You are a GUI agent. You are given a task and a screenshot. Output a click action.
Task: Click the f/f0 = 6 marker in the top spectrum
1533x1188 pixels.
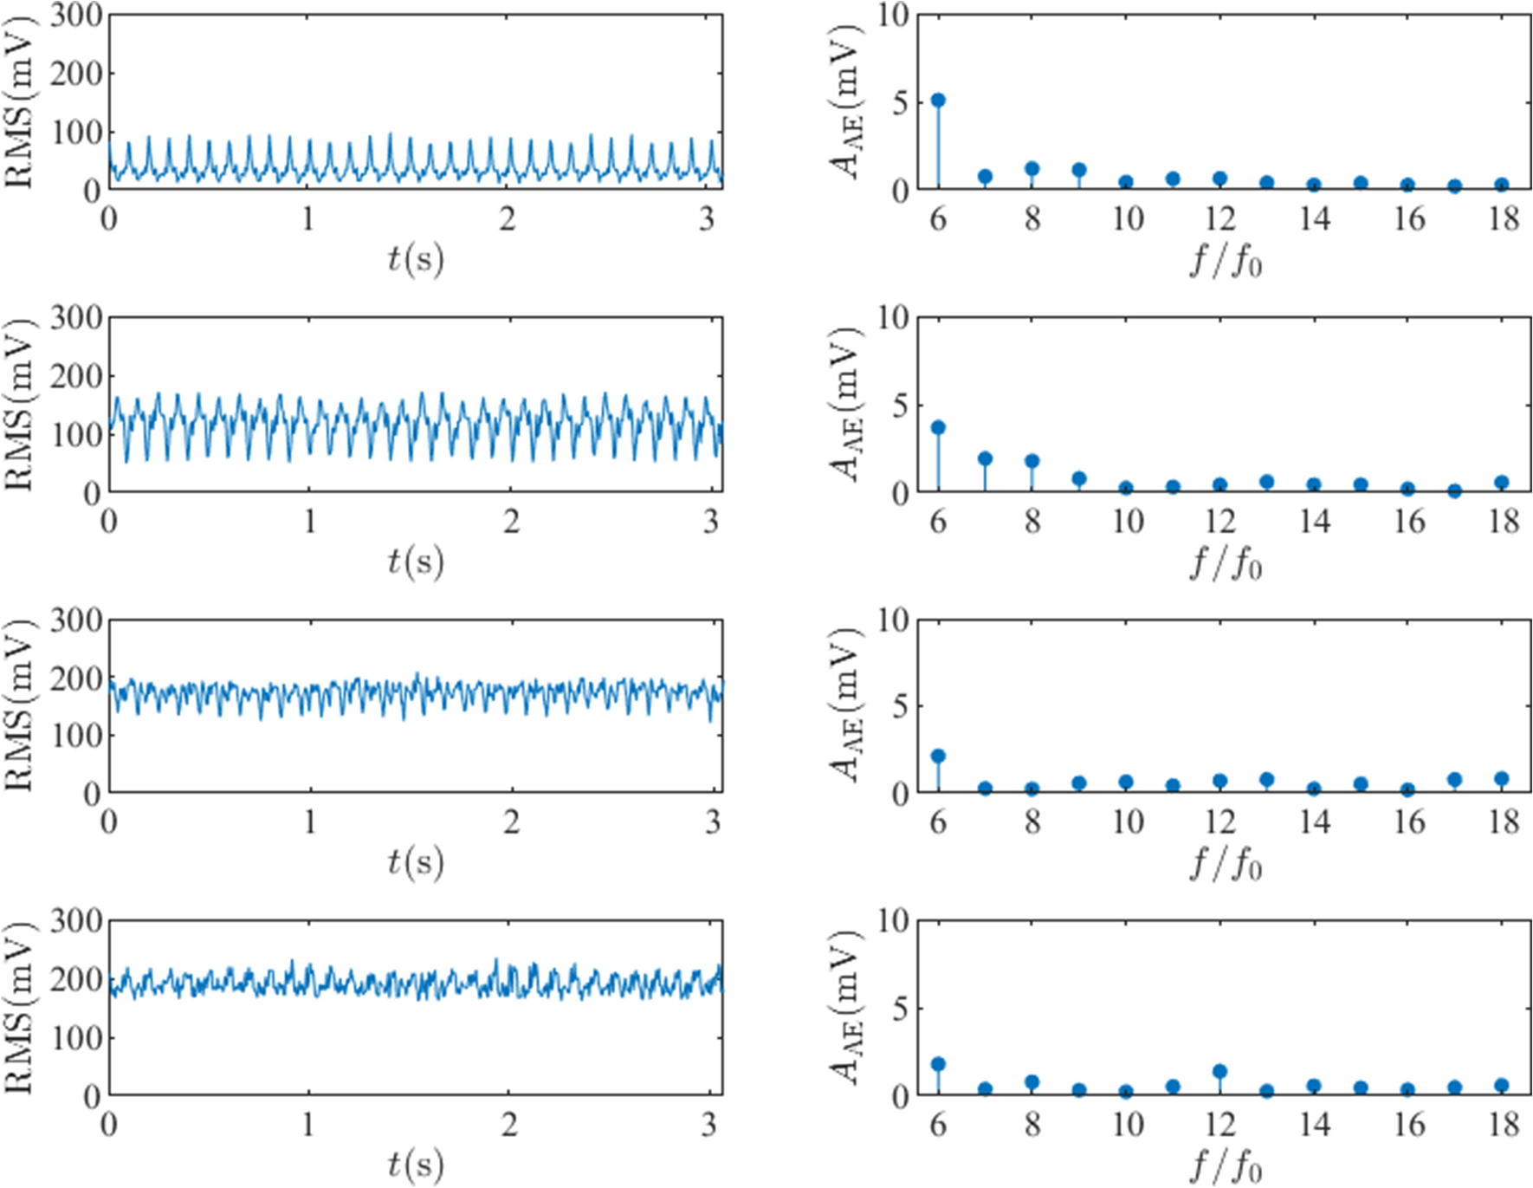(938, 101)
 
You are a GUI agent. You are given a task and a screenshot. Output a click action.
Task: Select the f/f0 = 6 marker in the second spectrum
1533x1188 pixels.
(938, 428)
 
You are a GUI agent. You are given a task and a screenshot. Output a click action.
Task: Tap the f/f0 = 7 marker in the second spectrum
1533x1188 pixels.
(985, 459)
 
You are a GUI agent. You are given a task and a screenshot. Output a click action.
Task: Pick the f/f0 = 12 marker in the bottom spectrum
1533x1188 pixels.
(1219, 1072)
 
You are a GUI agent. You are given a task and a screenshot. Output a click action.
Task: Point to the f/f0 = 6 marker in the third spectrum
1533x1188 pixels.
(938, 756)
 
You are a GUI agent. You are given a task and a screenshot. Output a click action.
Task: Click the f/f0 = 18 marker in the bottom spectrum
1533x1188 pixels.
(1502, 1086)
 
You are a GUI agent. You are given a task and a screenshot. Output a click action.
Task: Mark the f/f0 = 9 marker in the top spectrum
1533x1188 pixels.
(1079, 170)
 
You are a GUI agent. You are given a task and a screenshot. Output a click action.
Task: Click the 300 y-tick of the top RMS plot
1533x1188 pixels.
(76, 16)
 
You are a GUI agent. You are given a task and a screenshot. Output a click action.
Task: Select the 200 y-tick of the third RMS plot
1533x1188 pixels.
(76, 678)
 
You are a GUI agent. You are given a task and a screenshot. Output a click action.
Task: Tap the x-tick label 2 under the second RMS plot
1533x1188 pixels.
(511, 522)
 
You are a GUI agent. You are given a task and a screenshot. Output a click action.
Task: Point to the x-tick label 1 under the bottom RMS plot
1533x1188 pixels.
(309, 1125)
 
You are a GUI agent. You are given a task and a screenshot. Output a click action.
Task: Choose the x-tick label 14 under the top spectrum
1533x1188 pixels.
(1314, 219)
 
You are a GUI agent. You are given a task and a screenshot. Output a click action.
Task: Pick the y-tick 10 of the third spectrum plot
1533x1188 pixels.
(893, 620)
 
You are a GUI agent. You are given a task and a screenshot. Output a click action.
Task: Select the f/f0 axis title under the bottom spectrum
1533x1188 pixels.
(1226, 1166)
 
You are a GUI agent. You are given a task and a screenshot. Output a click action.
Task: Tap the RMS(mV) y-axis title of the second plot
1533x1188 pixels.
(19, 406)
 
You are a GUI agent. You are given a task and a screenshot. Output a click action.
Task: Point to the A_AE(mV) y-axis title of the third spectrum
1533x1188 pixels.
(846, 705)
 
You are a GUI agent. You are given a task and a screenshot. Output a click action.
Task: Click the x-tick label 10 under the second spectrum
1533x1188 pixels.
(1126, 522)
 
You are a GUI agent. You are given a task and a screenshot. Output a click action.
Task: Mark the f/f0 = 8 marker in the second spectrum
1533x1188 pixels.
(1032, 462)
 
